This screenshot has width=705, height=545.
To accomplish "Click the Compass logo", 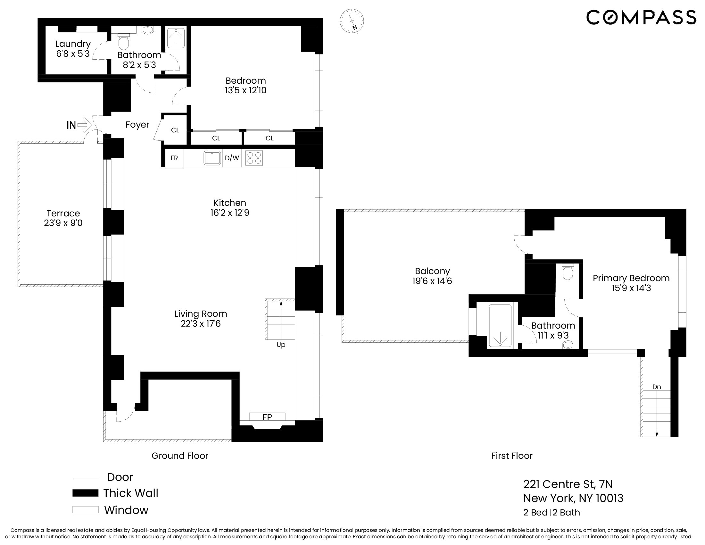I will (641, 17).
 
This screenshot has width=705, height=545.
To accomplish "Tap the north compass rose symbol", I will (352, 21).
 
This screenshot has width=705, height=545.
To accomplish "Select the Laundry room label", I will (73, 44).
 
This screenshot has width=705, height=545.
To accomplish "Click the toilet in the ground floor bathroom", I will (123, 42).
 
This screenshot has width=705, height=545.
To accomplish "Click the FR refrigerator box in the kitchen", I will (174, 158).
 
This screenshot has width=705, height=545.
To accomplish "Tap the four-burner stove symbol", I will (254, 158).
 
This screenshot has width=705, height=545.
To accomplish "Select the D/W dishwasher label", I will (232, 158).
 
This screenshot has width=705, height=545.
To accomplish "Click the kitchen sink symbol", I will (212, 158).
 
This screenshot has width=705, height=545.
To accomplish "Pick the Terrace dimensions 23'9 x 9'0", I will (63, 223).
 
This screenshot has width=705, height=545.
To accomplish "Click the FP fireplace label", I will (267, 417).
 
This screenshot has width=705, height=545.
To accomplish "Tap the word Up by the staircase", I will (281, 345).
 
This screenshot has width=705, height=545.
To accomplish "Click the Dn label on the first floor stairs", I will (657, 387).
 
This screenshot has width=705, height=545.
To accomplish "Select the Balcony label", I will (432, 271).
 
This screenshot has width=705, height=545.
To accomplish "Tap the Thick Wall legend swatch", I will (85, 493).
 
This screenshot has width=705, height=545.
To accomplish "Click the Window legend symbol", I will (85, 510).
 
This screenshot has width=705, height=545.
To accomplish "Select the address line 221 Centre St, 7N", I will (568, 484).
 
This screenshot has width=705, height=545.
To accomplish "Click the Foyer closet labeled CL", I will (175, 130).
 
